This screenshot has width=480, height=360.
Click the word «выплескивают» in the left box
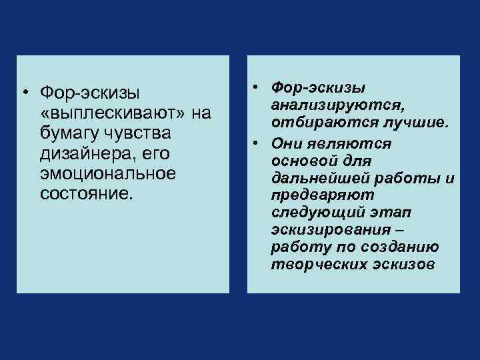click(114, 114)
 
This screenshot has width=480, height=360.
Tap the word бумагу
click(68, 133)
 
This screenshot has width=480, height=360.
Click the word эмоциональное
click(108, 173)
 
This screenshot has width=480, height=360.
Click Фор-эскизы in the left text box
click(90, 93)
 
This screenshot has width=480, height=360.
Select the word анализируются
click(335, 107)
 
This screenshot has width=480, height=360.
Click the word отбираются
click(311, 124)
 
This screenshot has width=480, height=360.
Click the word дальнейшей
click(318, 179)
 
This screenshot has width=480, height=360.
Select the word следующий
click(314, 213)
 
